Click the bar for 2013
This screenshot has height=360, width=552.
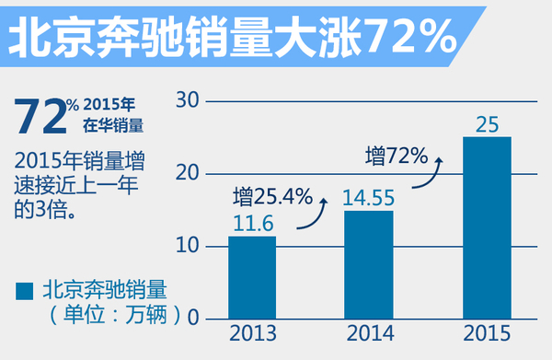(251, 277)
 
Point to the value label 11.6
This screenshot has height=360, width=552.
(251, 222)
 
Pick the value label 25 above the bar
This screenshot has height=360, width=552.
(488, 122)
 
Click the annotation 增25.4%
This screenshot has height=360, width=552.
(273, 195)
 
